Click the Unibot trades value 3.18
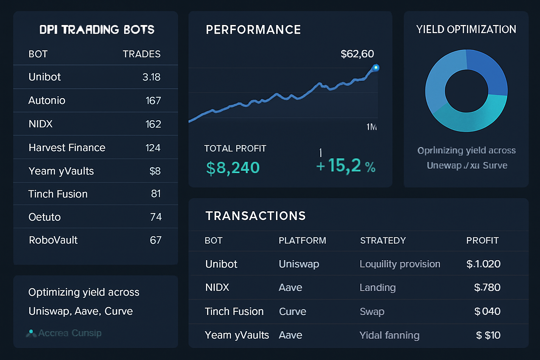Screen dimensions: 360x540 click(x=151, y=77)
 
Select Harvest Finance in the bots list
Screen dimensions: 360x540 click(x=67, y=148)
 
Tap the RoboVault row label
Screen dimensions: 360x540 click(x=53, y=240)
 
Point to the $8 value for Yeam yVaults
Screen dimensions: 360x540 click(x=155, y=171)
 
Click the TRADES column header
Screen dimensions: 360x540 click(x=141, y=54)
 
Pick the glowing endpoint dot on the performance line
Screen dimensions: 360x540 click(x=376, y=67)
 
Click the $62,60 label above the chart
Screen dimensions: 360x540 click(x=357, y=54)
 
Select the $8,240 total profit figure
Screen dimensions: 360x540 click(x=233, y=168)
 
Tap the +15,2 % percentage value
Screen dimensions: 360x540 click(x=346, y=166)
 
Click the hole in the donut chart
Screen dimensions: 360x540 click(x=466, y=91)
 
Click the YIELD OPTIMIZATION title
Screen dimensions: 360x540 click(x=466, y=30)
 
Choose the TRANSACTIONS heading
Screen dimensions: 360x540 click(x=256, y=216)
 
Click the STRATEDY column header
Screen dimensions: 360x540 click(x=383, y=240)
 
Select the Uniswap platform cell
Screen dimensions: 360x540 click(x=299, y=264)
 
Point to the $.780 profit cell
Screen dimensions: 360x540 click(x=487, y=288)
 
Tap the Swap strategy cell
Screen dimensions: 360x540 click(x=372, y=311)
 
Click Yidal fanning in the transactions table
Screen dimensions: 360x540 click(x=389, y=335)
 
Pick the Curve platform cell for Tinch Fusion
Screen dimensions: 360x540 click(x=292, y=311)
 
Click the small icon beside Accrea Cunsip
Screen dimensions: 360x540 click(x=31, y=333)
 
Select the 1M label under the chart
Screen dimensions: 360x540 click(x=371, y=127)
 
